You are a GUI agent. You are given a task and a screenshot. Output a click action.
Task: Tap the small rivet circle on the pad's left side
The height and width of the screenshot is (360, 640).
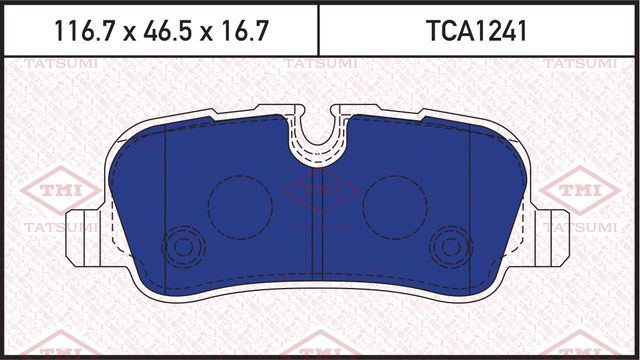point(182,244)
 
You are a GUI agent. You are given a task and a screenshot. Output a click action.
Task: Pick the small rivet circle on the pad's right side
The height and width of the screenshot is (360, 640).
point(453,244)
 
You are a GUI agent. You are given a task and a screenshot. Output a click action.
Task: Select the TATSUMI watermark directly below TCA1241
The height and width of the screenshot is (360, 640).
point(576,65)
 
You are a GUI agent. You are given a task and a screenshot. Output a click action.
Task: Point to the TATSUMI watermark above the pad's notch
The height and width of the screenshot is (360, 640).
point(317,65)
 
